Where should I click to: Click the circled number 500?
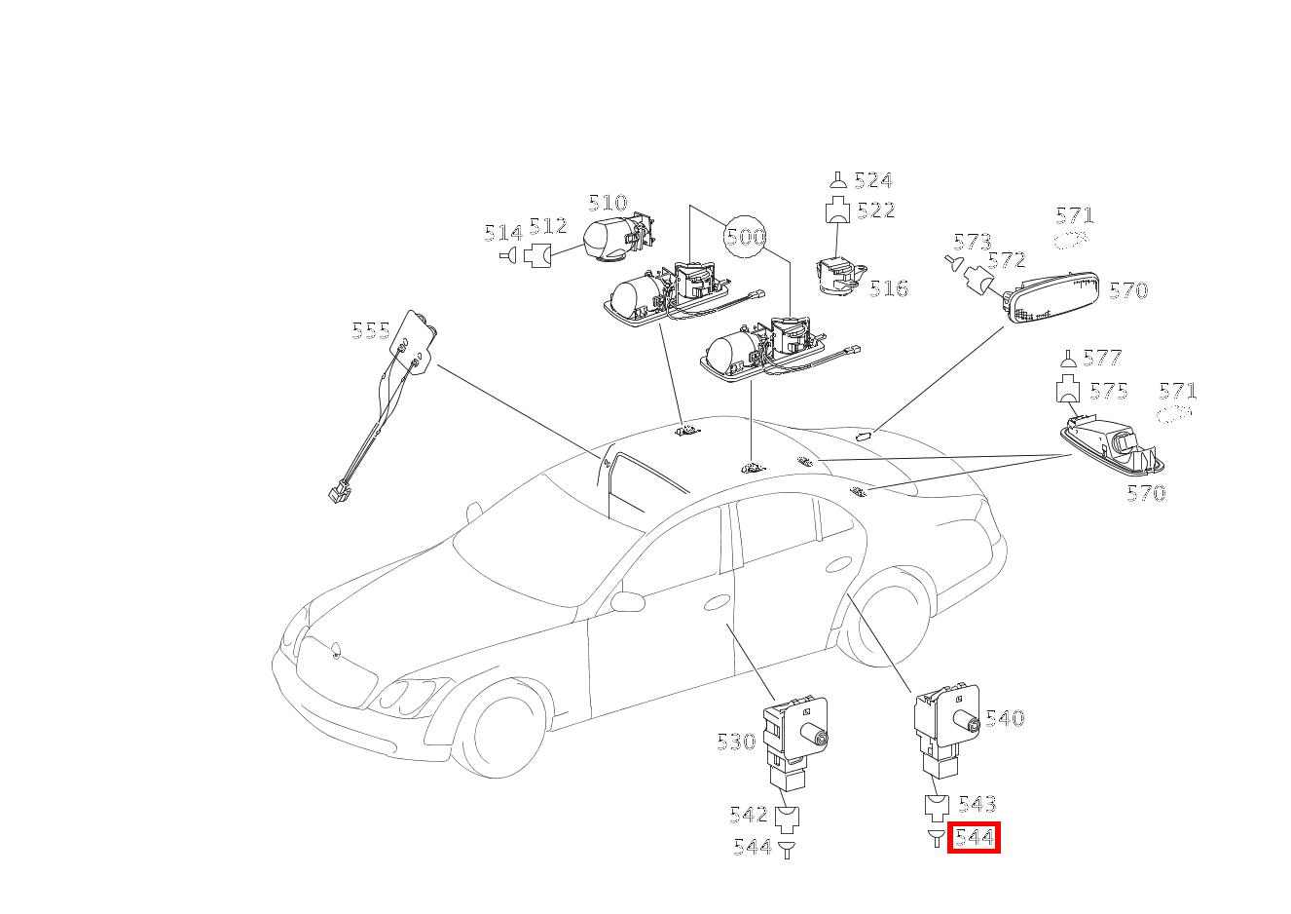[x=745, y=236]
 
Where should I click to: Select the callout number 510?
[x=608, y=203]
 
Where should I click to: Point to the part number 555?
[x=371, y=331]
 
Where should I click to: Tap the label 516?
[x=889, y=288]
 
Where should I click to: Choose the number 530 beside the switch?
[x=736, y=742]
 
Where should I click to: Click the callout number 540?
[x=1005, y=718]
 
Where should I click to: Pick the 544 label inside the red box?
[x=975, y=837]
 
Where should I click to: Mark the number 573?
[x=973, y=242]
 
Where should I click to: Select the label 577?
[x=1103, y=358]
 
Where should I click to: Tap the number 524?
[x=873, y=180]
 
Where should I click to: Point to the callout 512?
[x=548, y=226]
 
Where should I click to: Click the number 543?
[x=977, y=804]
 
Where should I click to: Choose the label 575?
[x=1109, y=391]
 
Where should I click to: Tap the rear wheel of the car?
[x=886, y=618]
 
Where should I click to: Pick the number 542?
[x=749, y=815]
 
